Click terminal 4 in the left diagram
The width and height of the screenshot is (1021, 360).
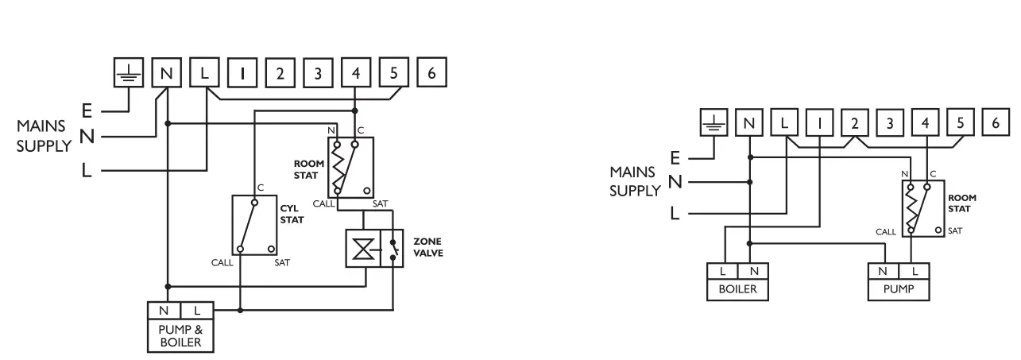tap(355, 73)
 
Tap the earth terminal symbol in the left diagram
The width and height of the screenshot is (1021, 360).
tap(128, 73)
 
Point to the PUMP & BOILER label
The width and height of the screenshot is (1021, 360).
tap(179, 336)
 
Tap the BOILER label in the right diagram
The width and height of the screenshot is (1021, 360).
tap(737, 290)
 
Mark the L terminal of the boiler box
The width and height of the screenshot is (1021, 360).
tap(722, 272)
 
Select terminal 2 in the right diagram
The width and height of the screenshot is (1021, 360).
tap(854, 123)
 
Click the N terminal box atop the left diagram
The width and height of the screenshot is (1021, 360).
tap(166, 73)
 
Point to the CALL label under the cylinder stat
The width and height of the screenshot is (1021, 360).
tap(223, 261)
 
